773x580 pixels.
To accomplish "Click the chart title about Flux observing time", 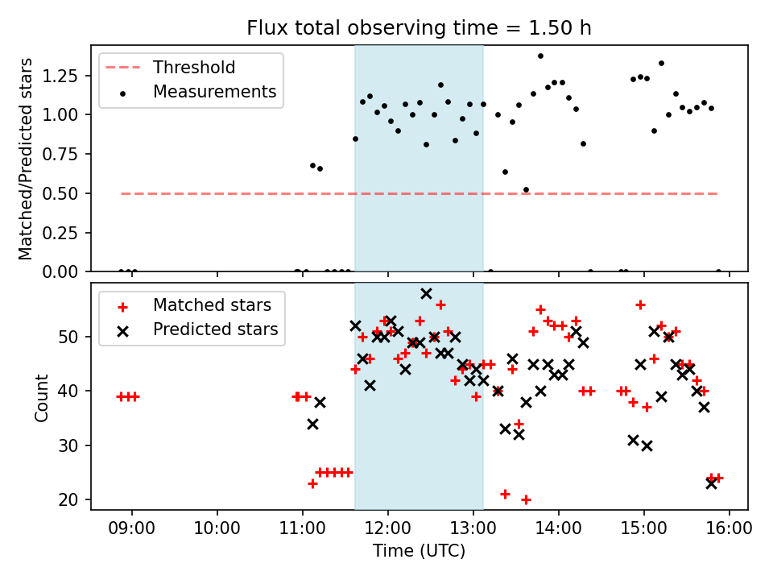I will [419, 28].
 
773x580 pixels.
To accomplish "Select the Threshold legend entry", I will [193, 67].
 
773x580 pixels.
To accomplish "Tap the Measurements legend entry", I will [214, 92].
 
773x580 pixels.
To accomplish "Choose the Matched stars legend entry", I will [212, 305].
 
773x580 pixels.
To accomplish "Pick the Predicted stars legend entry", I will [215, 329].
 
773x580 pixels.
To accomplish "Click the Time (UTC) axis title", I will [419, 552].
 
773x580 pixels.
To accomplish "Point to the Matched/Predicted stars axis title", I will [27, 159].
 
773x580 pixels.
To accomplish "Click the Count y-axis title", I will [42, 397].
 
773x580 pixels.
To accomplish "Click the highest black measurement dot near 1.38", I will [540, 56].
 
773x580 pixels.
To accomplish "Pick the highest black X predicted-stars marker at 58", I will [426, 293].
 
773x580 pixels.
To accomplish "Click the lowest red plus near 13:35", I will [526, 499].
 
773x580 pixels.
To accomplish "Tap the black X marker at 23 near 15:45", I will [711, 483].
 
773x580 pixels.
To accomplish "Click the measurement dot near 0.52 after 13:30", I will [526, 190].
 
